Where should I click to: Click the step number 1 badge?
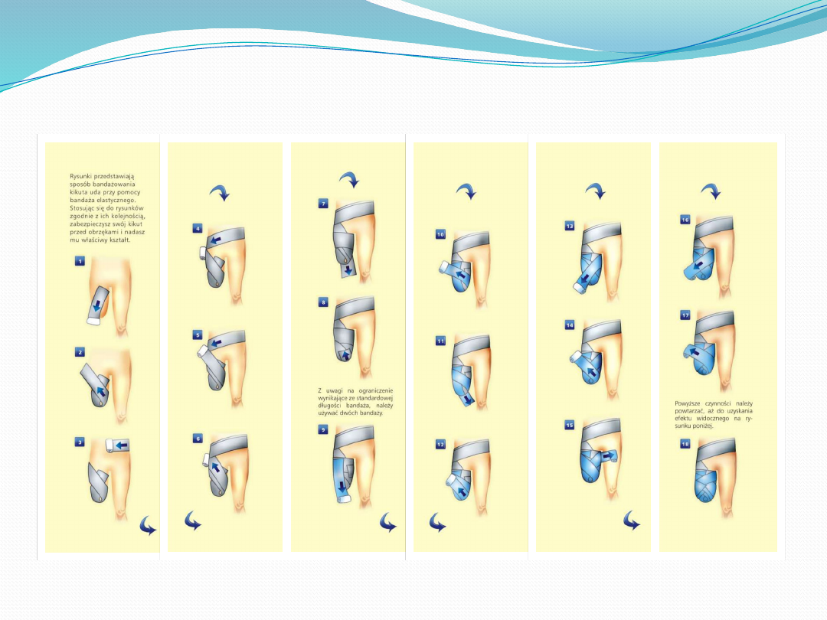click(x=80, y=261)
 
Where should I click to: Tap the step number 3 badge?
click(x=79, y=442)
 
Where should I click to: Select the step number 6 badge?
click(x=198, y=439)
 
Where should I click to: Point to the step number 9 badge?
click(x=323, y=429)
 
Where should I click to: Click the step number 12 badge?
click(x=440, y=445)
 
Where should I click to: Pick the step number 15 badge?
click(x=569, y=425)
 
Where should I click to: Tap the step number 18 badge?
click(x=685, y=444)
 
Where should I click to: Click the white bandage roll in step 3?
click(x=109, y=445)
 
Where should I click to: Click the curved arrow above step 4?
click(x=220, y=192)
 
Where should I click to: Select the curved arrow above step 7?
click(x=349, y=179)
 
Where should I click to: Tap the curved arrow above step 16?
click(x=711, y=191)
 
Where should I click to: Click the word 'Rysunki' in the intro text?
click(x=80, y=176)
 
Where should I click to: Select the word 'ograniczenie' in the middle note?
click(x=376, y=390)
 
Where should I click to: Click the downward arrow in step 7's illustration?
click(x=348, y=271)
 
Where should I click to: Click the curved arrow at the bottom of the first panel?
click(x=148, y=526)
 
